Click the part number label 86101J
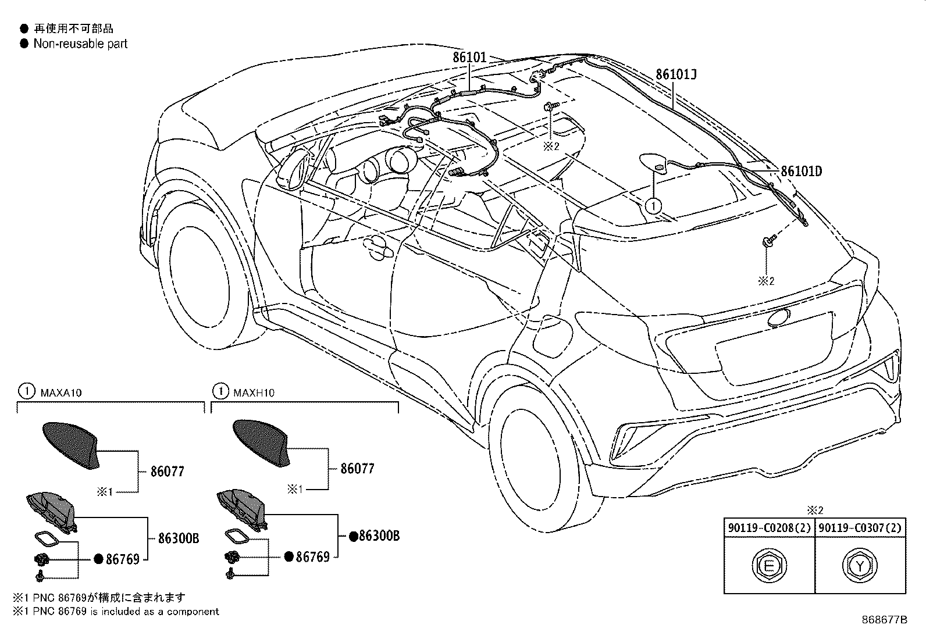[x=676, y=74]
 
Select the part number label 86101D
[x=801, y=171]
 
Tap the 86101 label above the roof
[x=469, y=58]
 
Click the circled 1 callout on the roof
[x=654, y=206]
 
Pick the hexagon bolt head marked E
[x=769, y=565]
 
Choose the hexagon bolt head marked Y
[x=860, y=565]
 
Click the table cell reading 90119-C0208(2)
[x=770, y=528]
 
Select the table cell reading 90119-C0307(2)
[x=860, y=528]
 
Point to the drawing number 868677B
[x=885, y=620]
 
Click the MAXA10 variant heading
[x=61, y=392]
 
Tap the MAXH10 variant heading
[x=254, y=392]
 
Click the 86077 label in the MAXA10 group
[x=168, y=472]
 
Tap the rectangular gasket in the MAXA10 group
[x=48, y=540]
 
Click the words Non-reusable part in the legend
[x=80, y=44]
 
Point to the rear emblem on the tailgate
[x=779, y=318]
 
